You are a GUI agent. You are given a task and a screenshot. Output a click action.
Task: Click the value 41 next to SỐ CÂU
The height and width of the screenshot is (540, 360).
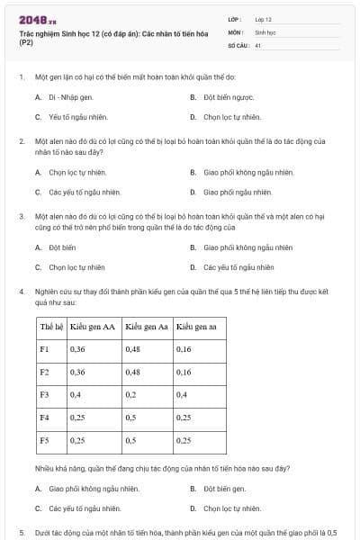(x=257, y=44)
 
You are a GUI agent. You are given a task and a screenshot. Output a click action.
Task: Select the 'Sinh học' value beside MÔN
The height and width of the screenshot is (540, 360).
(x=264, y=31)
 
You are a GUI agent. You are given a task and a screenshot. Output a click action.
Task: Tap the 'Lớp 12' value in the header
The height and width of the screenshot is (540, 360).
(x=263, y=18)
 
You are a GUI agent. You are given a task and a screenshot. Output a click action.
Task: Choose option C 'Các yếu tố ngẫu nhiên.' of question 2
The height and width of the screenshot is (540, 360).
(x=85, y=192)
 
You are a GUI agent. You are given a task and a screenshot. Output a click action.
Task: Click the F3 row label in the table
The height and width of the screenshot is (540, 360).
(x=45, y=394)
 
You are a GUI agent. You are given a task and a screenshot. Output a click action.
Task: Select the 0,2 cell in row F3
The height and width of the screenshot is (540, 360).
(x=131, y=394)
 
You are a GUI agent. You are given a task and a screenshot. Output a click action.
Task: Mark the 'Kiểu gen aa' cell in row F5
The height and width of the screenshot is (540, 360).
(x=184, y=440)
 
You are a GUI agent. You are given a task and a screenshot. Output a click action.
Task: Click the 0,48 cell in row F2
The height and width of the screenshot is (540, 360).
(x=133, y=372)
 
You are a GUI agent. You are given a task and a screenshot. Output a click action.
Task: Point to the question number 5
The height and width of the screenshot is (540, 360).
(x=22, y=533)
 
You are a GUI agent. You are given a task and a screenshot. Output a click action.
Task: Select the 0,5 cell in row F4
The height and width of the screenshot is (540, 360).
(x=131, y=418)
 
